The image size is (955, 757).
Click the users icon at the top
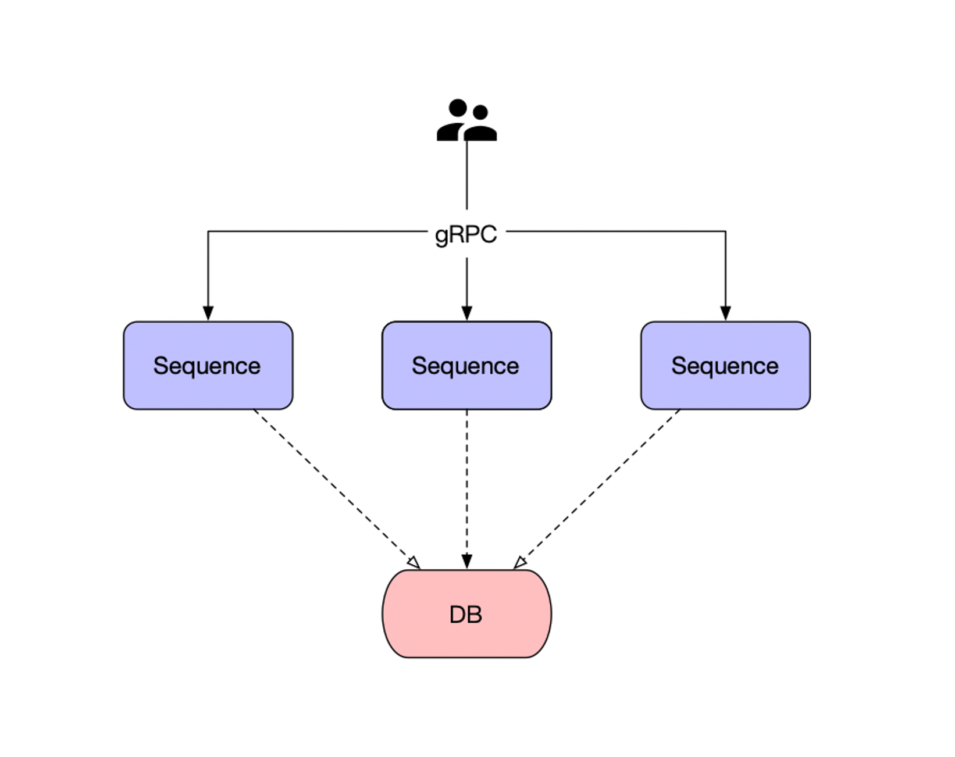point(466,120)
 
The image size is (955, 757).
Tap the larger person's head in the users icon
point(458,108)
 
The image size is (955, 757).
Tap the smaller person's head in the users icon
point(480,112)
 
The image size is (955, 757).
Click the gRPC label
point(466,234)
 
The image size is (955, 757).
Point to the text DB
point(466,615)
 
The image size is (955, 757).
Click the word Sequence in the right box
point(725,366)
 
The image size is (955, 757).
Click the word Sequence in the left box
point(207,366)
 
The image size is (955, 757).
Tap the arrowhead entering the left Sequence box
point(208,313)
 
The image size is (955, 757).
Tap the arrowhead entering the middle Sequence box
point(466,313)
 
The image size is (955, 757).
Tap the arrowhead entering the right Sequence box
point(725,313)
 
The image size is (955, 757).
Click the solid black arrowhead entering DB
point(466,562)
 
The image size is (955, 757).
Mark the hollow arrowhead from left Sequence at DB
point(414,562)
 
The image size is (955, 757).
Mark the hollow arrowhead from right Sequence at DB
point(520,562)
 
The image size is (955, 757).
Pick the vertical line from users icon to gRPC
point(466,174)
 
